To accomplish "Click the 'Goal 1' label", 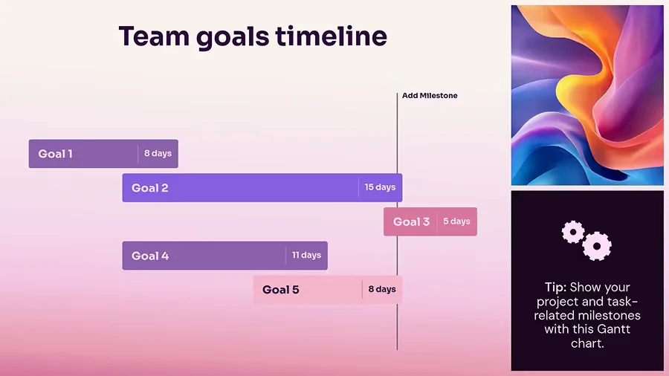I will click(x=56, y=154).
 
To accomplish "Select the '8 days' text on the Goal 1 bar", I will click(x=158, y=154).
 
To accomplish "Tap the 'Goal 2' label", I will click(x=150, y=188).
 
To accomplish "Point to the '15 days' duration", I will click(x=380, y=187).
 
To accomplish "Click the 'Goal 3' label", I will click(x=411, y=221).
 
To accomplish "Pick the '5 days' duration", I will click(x=456, y=221).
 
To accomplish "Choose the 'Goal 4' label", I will click(x=150, y=256).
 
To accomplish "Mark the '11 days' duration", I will click(x=306, y=255).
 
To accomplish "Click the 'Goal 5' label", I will click(x=281, y=290).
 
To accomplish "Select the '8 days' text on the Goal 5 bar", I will click(x=382, y=289).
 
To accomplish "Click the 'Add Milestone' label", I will click(x=430, y=96).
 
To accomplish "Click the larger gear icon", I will click(x=597, y=246).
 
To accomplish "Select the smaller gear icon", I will click(x=573, y=233).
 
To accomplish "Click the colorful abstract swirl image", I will click(x=587, y=95).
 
